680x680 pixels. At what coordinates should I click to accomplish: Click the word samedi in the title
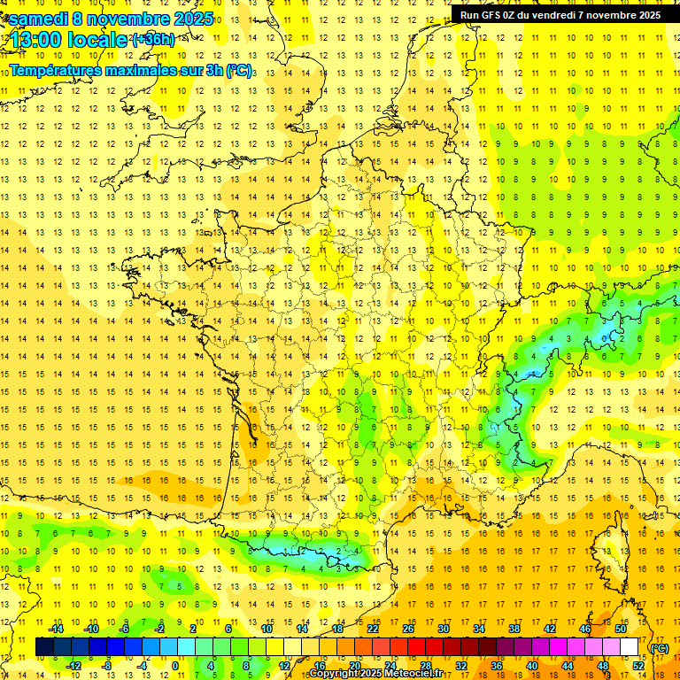pos(38,19)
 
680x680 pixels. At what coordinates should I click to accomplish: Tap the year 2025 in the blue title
pos(189,19)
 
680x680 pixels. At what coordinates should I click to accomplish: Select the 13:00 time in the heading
pos(36,40)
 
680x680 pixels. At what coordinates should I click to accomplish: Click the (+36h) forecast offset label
pos(152,40)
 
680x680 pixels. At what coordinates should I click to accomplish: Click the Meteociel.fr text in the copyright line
pos(420,674)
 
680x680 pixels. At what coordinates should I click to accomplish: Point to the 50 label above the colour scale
pos(621,630)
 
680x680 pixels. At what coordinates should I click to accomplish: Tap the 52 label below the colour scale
pos(638,665)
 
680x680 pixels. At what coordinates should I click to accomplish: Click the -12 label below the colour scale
pos(73,665)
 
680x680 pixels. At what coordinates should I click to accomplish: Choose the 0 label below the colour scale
pos(175,665)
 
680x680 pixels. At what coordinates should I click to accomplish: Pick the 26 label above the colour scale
pos(408,630)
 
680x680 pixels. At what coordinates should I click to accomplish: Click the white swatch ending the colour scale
pos(630,647)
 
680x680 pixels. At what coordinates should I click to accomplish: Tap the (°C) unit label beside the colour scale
pos(660,648)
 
